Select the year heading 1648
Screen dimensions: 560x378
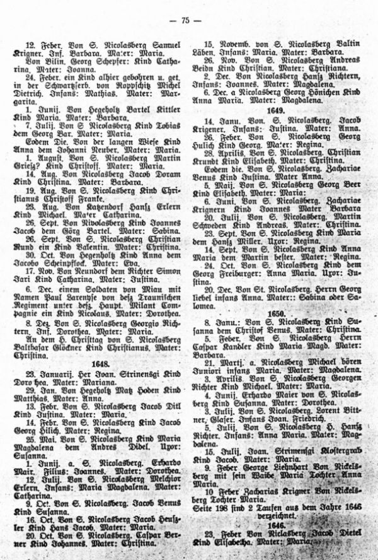pos(101,364)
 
